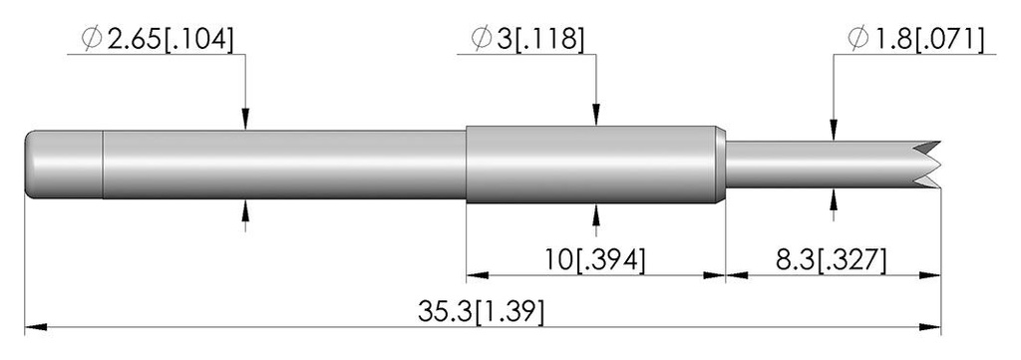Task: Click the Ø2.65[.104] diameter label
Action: (157, 40)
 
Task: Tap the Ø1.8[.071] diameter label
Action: (915, 40)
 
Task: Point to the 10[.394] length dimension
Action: (596, 260)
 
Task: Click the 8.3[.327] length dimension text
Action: (831, 260)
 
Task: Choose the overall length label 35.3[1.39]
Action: (481, 312)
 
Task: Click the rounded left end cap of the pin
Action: (64, 165)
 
